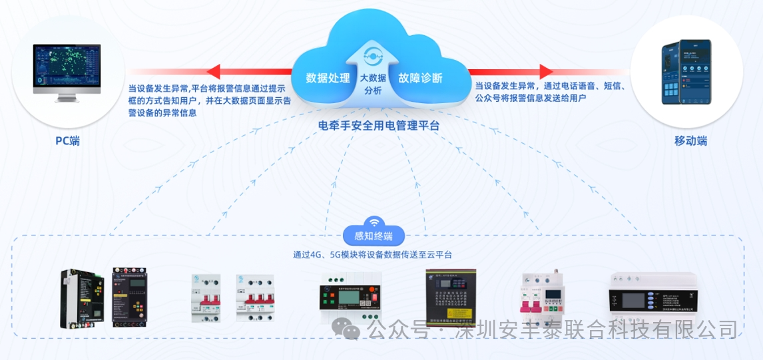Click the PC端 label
pos(67,141)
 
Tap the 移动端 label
pos(690,141)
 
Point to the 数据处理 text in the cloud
pos(328,78)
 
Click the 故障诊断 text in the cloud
pos(420,78)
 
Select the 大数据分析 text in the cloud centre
pos(373,84)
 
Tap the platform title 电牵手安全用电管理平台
pos(380,124)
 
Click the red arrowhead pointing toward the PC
pos(214,71)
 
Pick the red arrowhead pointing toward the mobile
pos(546,71)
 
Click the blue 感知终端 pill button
pos(374,236)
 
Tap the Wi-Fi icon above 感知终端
pos(374,222)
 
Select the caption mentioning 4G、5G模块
pos(373,254)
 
